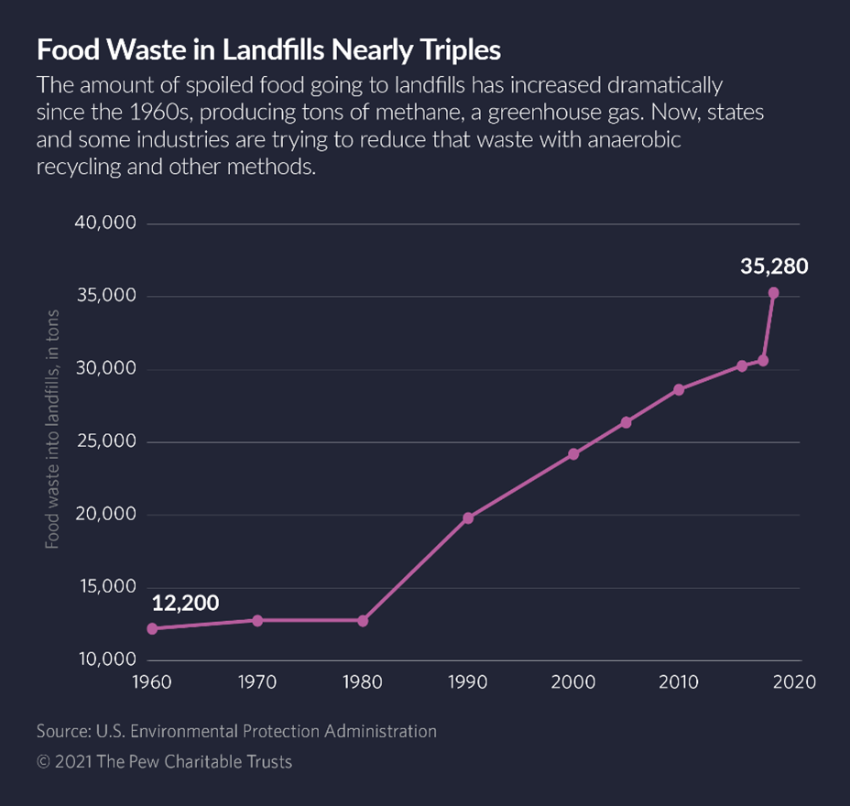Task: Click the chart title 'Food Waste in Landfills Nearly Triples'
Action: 268,50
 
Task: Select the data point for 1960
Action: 152,628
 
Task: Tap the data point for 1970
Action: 257,620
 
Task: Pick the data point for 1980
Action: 363,620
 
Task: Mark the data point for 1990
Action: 468,517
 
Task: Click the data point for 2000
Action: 573,453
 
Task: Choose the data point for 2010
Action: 679,389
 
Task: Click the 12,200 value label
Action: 185,603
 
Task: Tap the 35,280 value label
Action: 774,267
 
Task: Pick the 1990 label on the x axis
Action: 468,682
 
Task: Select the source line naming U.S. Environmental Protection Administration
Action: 236,731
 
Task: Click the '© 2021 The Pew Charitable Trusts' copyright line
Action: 164,761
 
